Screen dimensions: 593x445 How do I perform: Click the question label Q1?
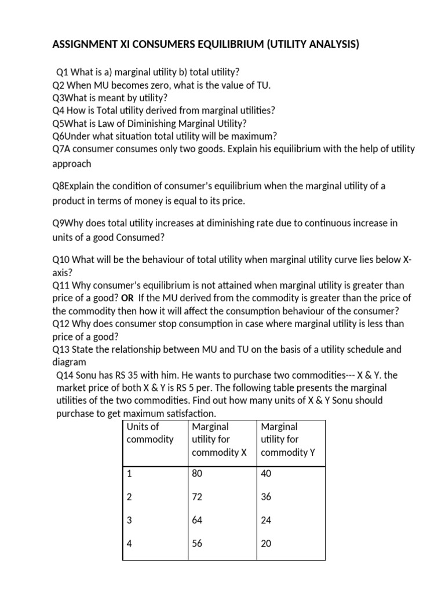point(63,72)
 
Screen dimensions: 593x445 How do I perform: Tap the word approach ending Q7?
point(71,164)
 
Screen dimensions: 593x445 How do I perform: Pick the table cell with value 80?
point(197,474)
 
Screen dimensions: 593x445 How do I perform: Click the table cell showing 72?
point(197,497)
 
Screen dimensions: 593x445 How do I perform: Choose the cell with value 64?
point(197,521)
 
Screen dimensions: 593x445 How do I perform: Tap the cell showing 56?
point(197,544)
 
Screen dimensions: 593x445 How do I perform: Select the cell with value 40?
point(267,474)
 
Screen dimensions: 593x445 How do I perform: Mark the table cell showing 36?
point(267,497)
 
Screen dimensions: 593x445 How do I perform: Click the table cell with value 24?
point(267,521)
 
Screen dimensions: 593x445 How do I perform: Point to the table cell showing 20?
point(267,544)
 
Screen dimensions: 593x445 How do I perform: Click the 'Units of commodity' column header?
point(149,433)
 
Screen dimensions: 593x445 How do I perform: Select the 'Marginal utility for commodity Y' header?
point(288,440)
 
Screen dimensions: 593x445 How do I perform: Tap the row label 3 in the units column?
point(129,521)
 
